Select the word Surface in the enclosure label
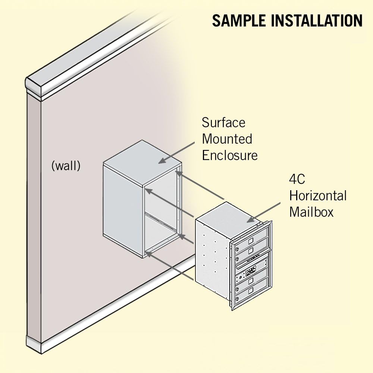(x=224, y=122)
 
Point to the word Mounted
(x=227, y=139)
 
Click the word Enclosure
(x=230, y=155)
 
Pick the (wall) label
(x=66, y=166)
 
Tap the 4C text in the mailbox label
(x=297, y=179)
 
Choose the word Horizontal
(x=318, y=195)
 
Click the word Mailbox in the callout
(x=311, y=212)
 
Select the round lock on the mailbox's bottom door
(x=236, y=299)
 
